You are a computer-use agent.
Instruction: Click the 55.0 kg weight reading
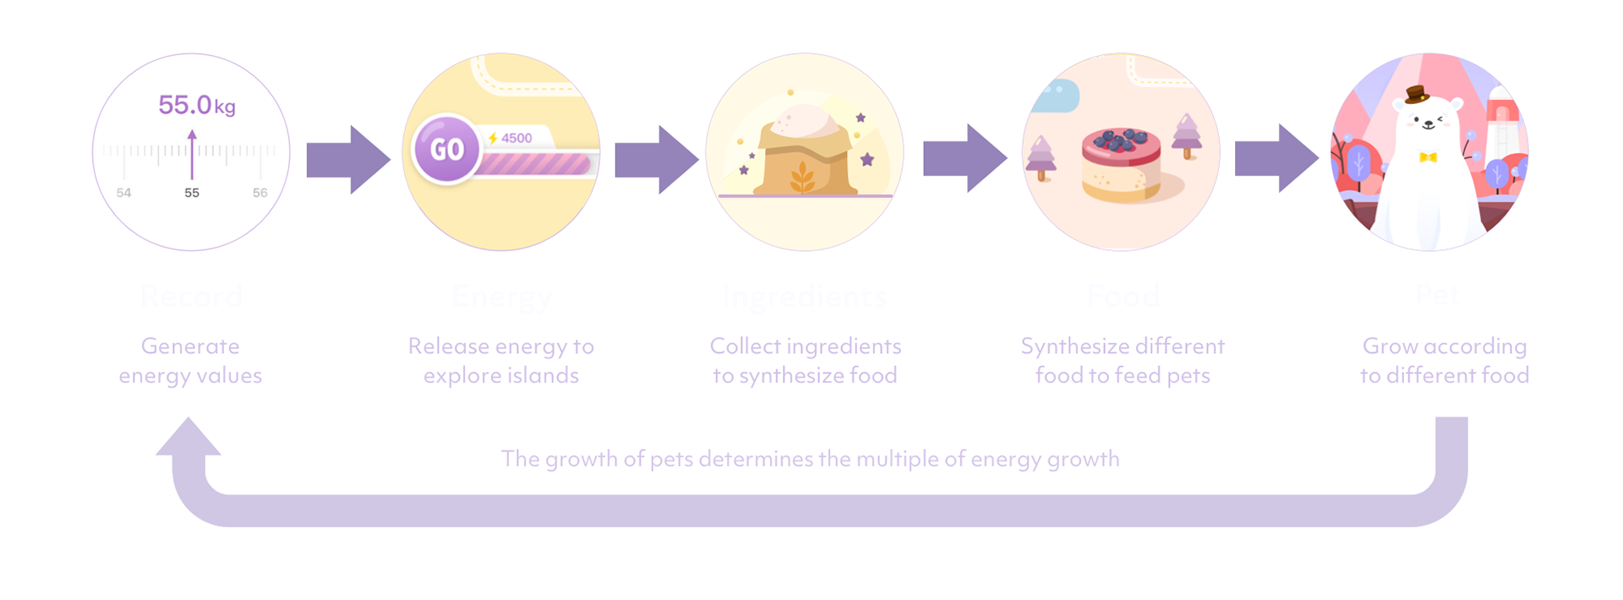click(196, 105)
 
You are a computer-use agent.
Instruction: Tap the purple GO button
click(446, 149)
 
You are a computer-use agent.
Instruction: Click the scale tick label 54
click(123, 193)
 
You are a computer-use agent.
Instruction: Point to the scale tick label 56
click(260, 193)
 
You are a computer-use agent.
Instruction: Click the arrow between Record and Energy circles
click(347, 160)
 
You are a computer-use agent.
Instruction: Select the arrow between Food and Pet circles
click(1276, 158)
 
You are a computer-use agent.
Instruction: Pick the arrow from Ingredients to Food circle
click(965, 158)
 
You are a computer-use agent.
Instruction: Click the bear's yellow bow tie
click(1428, 157)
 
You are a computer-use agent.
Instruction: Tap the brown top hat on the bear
click(1416, 94)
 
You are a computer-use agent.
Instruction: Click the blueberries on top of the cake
click(1119, 139)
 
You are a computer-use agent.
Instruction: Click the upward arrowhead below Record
click(189, 438)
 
